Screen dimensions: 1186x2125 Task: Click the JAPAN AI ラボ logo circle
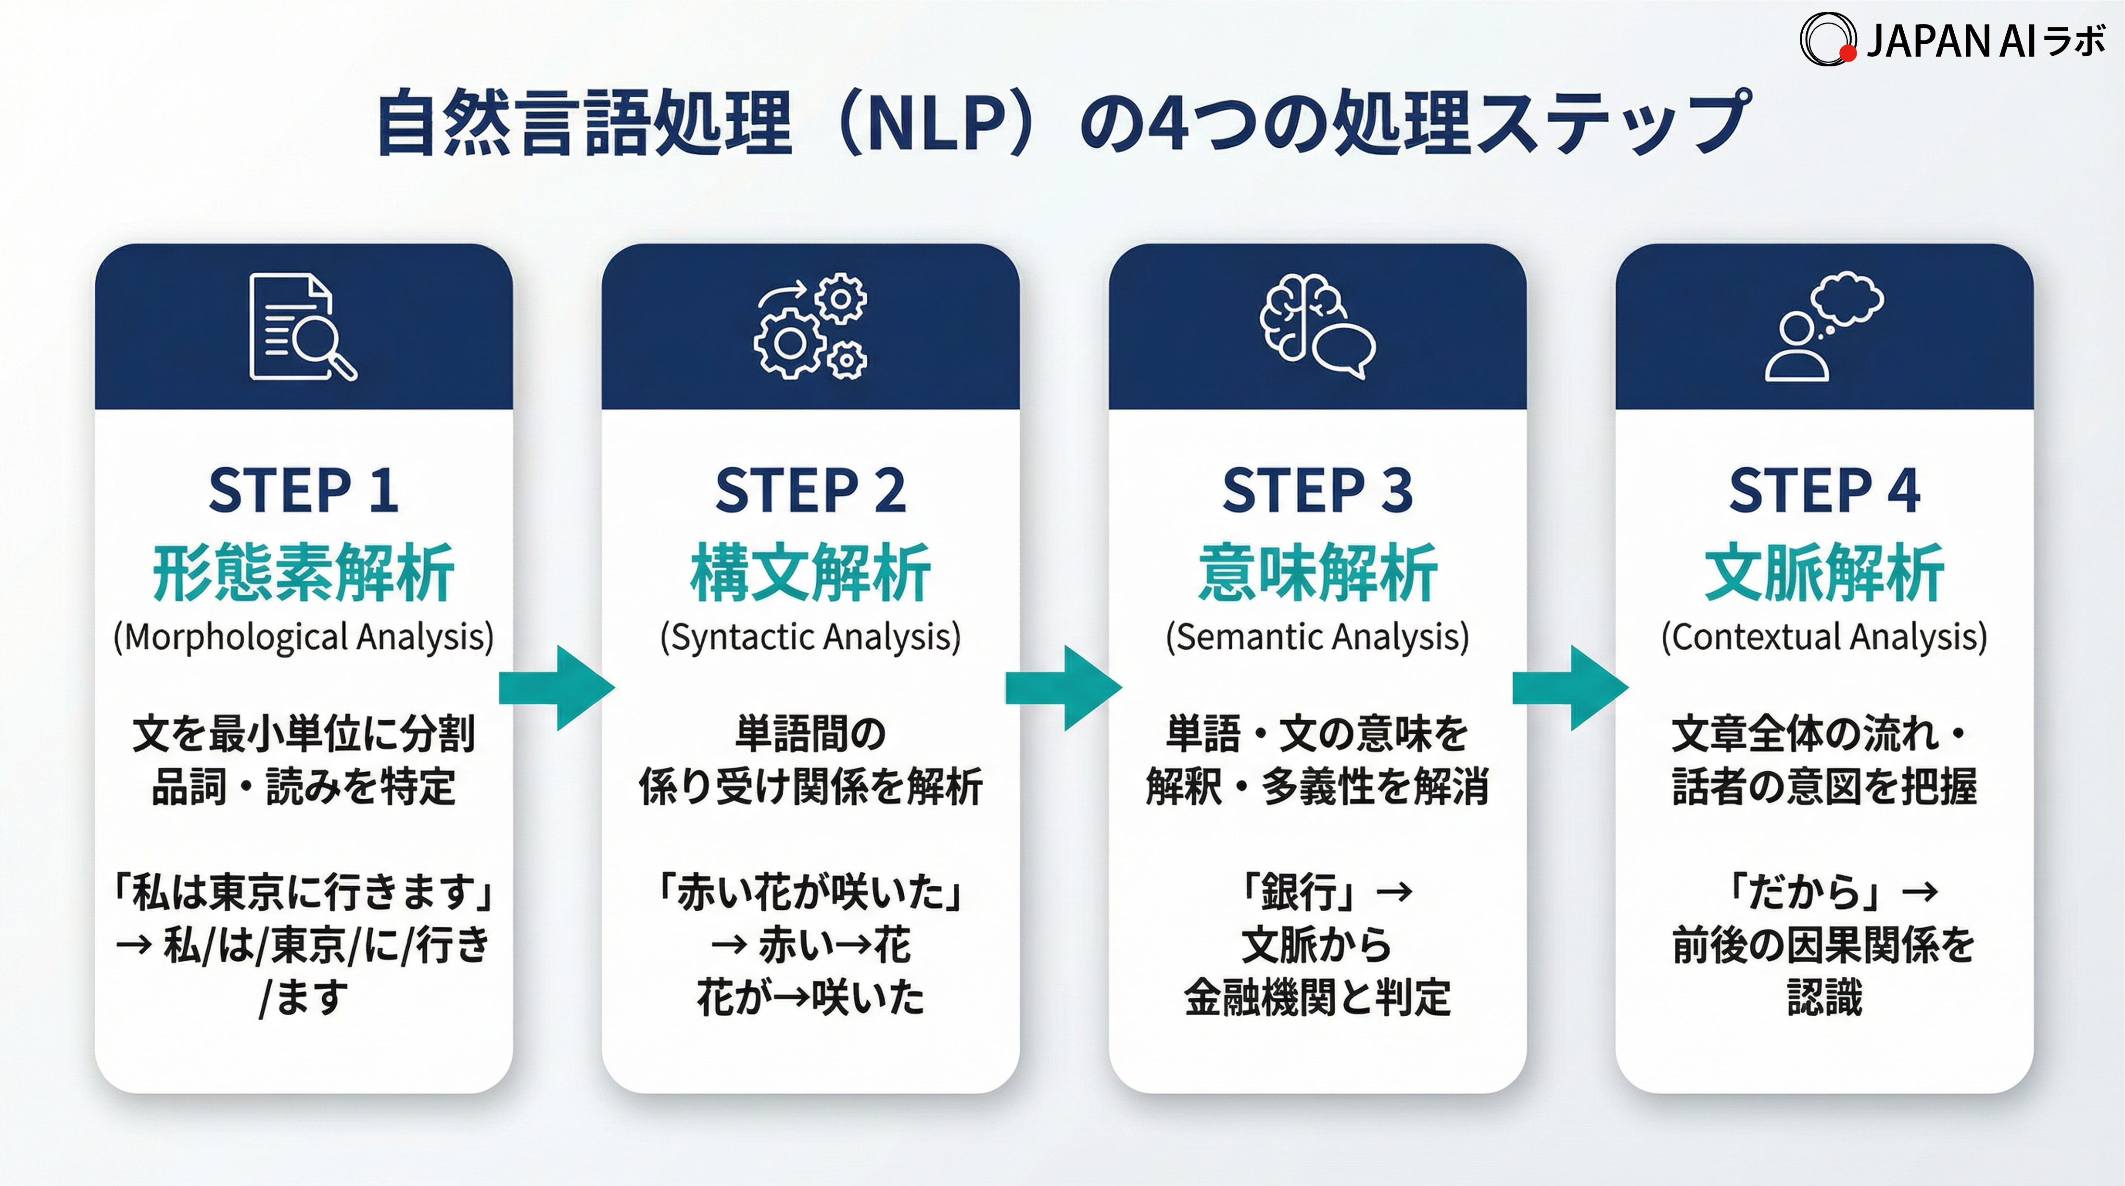pos(1827,39)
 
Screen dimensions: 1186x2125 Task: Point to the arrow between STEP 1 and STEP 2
pos(557,688)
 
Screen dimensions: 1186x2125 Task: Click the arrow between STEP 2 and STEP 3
pos(1064,688)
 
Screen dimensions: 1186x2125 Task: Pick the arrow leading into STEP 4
pos(1570,688)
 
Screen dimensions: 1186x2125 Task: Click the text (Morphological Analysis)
pos(304,637)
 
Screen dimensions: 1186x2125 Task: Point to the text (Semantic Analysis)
pos(1317,637)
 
